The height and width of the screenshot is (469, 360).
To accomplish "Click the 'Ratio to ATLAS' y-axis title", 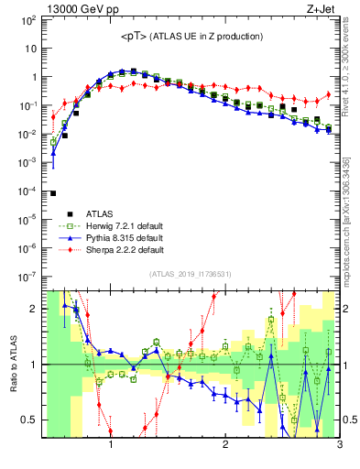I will click(x=13, y=365).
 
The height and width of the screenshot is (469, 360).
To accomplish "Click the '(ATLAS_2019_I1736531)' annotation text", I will click(x=191, y=274).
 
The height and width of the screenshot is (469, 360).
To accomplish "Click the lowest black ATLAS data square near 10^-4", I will click(x=53, y=193).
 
